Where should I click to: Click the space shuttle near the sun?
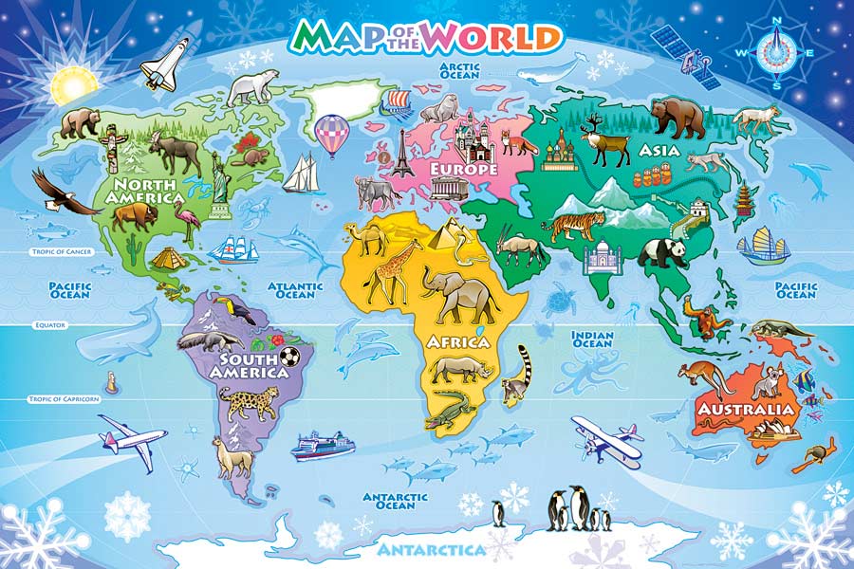click(166, 59)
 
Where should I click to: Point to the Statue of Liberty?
click(221, 180)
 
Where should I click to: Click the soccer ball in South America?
click(289, 357)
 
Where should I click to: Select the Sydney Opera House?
click(770, 432)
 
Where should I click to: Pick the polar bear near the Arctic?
click(251, 87)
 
